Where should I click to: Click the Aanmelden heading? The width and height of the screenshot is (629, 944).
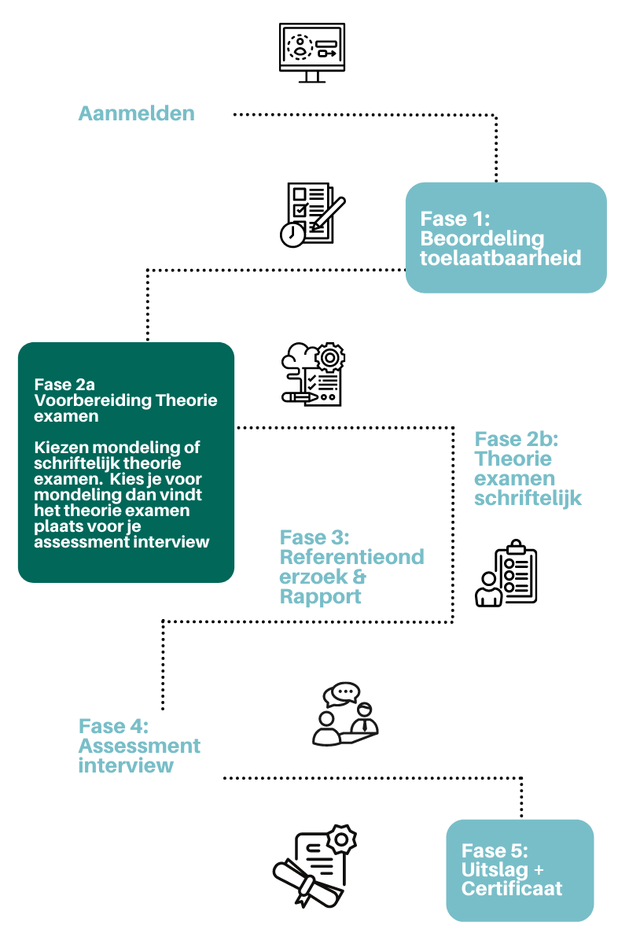coord(136,113)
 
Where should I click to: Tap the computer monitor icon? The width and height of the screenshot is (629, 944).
coord(312,52)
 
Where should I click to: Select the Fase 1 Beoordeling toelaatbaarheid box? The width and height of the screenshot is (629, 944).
coord(506,238)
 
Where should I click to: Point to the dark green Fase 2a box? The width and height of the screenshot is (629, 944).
coord(126,463)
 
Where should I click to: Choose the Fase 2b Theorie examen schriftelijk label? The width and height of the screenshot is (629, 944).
coord(528,468)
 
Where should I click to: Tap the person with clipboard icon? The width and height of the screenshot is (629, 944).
coord(507,573)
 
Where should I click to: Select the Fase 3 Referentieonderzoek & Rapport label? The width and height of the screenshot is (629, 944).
coord(351,566)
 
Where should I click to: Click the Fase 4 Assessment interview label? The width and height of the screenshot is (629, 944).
coord(139,746)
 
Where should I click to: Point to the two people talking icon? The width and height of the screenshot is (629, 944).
coord(345,714)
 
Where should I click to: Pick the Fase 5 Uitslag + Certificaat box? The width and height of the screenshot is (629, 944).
coord(520,870)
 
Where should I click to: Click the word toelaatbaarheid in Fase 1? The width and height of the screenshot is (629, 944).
coord(501,257)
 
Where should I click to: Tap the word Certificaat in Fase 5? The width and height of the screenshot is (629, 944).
coord(512,889)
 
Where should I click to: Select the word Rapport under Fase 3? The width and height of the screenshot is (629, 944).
coord(321,596)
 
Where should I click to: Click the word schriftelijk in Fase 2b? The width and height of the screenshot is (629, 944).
coord(528,498)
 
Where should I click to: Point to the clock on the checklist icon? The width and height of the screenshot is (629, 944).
coord(292,234)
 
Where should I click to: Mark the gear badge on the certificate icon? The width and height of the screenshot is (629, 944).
coord(342,839)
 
